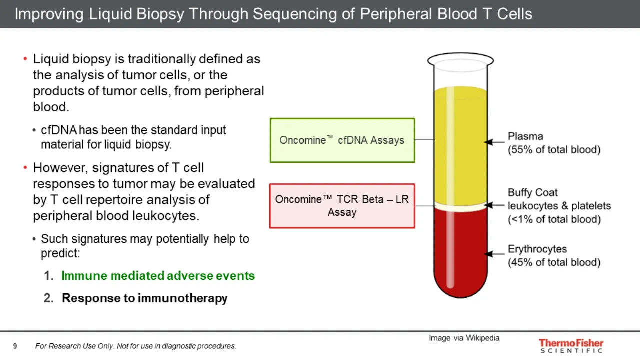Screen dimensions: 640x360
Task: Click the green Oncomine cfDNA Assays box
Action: (x=342, y=140)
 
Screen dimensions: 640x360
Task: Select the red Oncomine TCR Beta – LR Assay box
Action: (x=342, y=206)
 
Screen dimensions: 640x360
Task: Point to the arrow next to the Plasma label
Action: (x=494, y=142)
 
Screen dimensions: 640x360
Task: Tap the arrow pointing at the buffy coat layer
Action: (x=494, y=205)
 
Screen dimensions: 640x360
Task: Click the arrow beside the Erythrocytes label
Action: (x=494, y=254)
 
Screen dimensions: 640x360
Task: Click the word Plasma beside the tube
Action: (x=525, y=136)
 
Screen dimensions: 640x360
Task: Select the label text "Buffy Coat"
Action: (x=533, y=192)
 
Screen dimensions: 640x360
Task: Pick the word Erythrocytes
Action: (x=537, y=249)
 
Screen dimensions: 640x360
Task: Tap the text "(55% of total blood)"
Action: (x=554, y=149)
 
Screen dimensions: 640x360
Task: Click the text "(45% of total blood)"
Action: (x=554, y=262)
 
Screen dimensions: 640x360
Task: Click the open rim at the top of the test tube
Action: (x=461, y=60)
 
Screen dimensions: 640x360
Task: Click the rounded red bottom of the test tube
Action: (x=461, y=283)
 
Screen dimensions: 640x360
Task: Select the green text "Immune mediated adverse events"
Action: (x=158, y=276)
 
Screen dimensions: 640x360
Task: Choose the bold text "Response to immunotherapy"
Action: (x=145, y=298)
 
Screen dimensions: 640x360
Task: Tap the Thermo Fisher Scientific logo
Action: (x=571, y=346)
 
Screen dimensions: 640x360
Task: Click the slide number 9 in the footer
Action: (x=15, y=346)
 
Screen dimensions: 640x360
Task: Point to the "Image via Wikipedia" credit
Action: (x=464, y=338)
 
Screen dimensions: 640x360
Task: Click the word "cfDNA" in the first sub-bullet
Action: (x=59, y=130)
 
